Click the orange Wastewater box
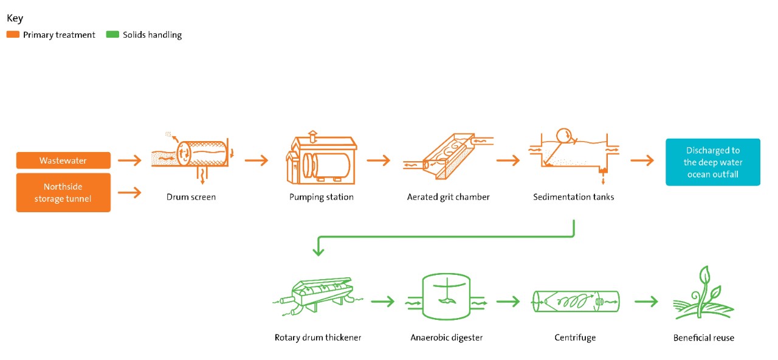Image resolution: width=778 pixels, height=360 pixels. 63,161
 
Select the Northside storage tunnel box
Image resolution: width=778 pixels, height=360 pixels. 63,192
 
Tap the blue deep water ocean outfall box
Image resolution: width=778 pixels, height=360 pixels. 713,162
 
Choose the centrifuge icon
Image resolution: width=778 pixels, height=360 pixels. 575,300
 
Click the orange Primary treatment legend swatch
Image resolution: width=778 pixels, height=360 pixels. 13,35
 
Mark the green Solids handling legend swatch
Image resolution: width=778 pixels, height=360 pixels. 112,35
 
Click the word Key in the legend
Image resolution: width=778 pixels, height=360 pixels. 15,18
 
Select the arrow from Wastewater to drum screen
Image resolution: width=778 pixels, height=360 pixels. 129,161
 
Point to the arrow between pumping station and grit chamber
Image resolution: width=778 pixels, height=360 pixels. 378,161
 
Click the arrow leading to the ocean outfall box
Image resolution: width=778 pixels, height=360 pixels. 642,161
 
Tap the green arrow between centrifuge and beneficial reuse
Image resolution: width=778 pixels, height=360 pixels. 646,301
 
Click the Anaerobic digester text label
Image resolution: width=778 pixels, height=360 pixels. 446,337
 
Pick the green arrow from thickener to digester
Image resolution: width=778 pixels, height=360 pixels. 383,301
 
